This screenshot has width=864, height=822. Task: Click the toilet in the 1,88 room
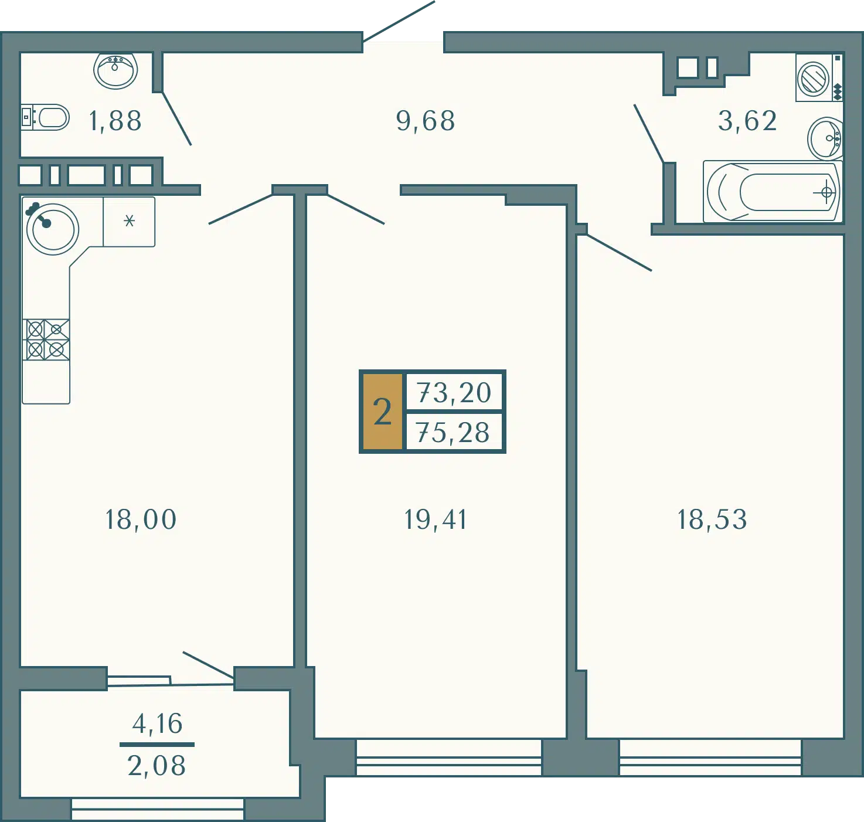pyautogui.click(x=45, y=117)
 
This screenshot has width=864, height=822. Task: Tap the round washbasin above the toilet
pyautogui.click(x=115, y=70)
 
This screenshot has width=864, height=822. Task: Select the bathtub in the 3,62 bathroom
pyautogui.click(x=772, y=192)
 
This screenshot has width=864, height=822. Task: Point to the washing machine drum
pyautogui.click(x=812, y=79)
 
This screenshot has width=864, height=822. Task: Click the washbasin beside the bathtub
pyautogui.click(x=825, y=138)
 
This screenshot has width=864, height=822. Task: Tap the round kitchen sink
pyautogui.click(x=52, y=229)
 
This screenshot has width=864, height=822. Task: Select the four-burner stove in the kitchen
pyautogui.click(x=46, y=339)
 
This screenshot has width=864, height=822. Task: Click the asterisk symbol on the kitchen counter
pyautogui.click(x=129, y=220)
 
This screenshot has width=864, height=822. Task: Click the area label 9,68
pyautogui.click(x=425, y=121)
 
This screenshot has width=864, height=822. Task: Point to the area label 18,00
pyautogui.click(x=141, y=519)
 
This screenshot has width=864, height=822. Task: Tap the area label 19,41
pyautogui.click(x=435, y=519)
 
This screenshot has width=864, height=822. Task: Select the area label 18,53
pyautogui.click(x=712, y=519)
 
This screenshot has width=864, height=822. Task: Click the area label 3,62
pyautogui.click(x=747, y=121)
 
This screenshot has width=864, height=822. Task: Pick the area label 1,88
pyautogui.click(x=115, y=121)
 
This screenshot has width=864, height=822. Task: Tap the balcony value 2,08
pyautogui.click(x=157, y=766)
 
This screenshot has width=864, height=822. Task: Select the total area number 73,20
pyautogui.click(x=454, y=392)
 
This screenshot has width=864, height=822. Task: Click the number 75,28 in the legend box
pyautogui.click(x=453, y=433)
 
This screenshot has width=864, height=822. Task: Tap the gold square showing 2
pyautogui.click(x=382, y=412)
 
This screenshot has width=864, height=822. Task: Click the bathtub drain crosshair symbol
pyautogui.click(x=826, y=192)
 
